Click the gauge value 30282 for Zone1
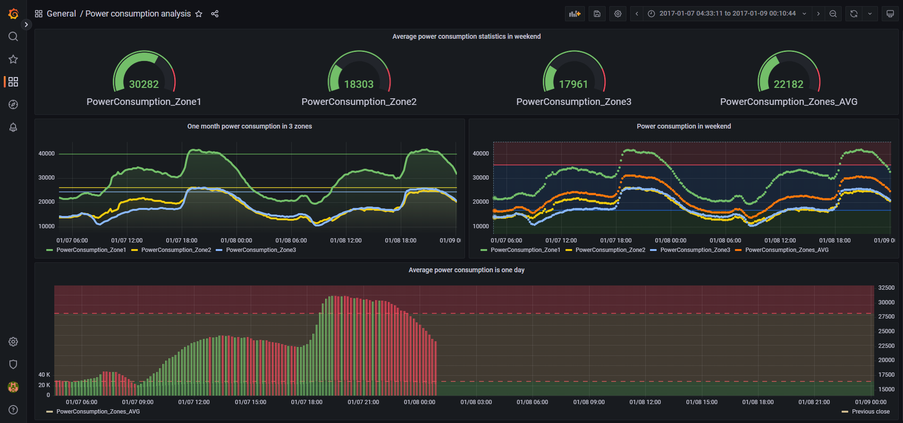144,84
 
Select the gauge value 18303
359,84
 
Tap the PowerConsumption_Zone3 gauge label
574,102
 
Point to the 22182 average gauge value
788,84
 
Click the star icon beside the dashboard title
199,14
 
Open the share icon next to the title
215,14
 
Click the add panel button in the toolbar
574,14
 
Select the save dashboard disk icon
597,14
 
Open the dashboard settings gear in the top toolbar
618,14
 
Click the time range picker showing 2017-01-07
727,14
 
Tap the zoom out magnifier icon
833,14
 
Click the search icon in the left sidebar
13,36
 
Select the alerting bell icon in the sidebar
13,127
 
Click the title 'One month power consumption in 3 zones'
249,126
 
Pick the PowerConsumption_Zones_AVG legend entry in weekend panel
786,250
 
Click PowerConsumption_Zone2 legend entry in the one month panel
176,250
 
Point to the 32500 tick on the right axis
886,287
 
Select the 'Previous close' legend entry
870,412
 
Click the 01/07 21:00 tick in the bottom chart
363,402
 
